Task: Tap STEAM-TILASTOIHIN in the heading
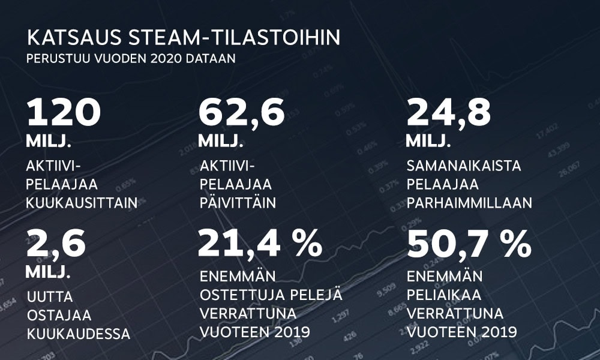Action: tap(235, 38)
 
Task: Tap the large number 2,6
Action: tap(56, 244)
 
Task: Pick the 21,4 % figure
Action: tap(260, 244)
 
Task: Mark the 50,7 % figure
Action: tap(469, 244)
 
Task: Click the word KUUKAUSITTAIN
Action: tap(82, 203)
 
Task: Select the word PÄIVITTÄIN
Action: tap(238, 203)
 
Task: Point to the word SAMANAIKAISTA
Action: tap(464, 165)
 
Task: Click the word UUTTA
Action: tap(50, 296)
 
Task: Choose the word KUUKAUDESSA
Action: tap(78, 334)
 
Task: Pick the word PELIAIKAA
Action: tap(448, 296)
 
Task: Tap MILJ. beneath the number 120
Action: tap(49, 142)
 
